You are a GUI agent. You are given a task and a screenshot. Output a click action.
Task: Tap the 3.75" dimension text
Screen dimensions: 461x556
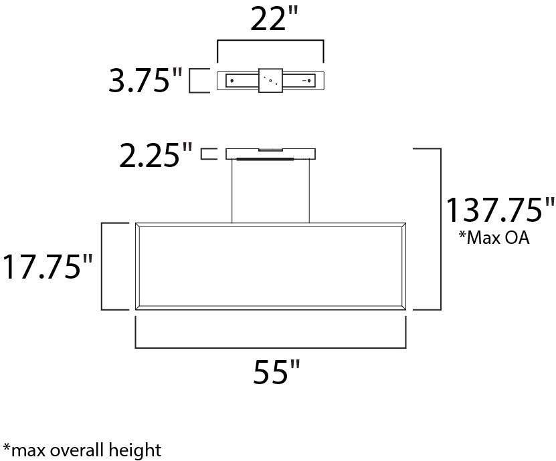point(146,82)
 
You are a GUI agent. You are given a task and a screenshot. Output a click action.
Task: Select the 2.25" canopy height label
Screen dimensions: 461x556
point(157,155)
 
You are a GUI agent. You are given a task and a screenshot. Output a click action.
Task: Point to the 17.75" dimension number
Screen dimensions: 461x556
point(47,267)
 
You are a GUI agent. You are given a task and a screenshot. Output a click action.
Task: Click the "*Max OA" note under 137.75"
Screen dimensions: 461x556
point(494,238)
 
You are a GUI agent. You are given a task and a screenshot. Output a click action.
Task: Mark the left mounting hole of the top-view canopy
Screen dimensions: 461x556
point(231,81)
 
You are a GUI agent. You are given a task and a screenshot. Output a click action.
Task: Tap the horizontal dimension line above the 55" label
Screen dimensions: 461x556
point(270,347)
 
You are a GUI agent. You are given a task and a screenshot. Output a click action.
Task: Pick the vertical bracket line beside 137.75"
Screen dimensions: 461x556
point(440,229)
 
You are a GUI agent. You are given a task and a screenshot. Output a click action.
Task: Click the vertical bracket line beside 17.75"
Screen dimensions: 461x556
point(102,266)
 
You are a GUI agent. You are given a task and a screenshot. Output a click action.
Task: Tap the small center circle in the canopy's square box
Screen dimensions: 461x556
point(270,81)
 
